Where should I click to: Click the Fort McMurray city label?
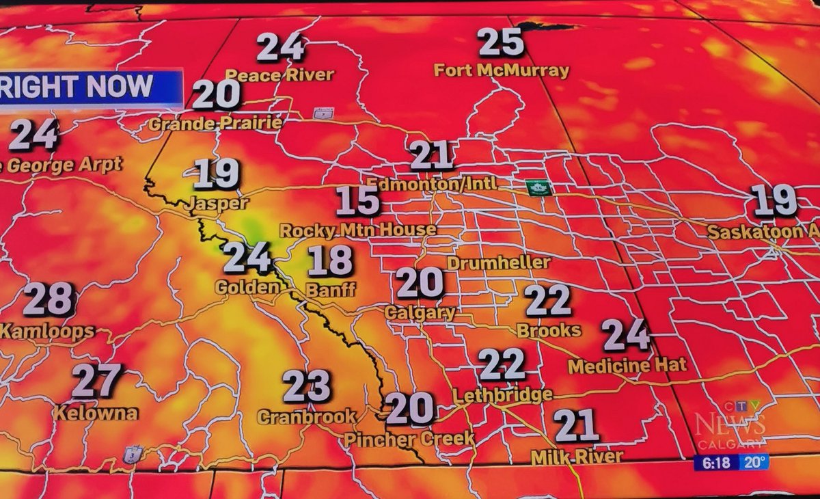(502, 70)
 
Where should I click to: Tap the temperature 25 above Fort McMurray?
(501, 42)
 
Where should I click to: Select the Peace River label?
(279, 75)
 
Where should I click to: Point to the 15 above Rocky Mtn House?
(357, 201)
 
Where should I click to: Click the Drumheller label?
(498, 263)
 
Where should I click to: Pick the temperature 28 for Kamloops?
(48, 299)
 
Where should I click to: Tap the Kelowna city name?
(96, 413)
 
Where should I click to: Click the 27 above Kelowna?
(97, 381)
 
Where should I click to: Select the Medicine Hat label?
(627, 366)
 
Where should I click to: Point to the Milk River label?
(577, 456)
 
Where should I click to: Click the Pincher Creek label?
(409, 439)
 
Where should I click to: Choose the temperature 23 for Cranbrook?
(307, 386)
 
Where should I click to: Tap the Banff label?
(331, 290)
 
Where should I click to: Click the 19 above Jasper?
(217, 174)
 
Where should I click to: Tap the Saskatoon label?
(763, 232)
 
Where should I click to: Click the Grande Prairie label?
(215, 124)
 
